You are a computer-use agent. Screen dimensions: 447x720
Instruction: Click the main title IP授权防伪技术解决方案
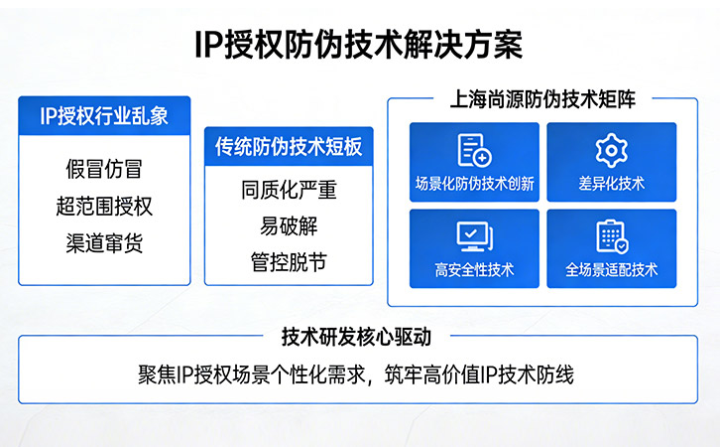[359, 46]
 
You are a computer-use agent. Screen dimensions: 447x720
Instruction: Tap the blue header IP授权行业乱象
[104, 115]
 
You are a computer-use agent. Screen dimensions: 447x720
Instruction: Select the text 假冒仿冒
[104, 169]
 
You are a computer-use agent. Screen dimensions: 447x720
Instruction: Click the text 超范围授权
[104, 206]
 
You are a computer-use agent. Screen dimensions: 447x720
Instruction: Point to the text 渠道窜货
[104, 242]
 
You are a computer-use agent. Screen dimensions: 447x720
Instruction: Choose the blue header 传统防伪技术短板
[289, 147]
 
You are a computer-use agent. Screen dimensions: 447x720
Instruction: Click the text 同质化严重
[289, 191]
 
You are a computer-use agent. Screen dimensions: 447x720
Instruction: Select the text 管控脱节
[289, 262]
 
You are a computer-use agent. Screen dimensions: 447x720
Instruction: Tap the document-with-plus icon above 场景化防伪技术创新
[474, 150]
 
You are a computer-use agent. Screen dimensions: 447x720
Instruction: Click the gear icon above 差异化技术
[611, 150]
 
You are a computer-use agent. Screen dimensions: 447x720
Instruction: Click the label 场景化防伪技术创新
[474, 184]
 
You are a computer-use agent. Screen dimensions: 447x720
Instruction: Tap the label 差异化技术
[611, 184]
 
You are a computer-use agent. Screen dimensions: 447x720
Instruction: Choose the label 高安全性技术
[474, 269]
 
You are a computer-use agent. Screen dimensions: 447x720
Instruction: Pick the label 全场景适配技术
[611, 269]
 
